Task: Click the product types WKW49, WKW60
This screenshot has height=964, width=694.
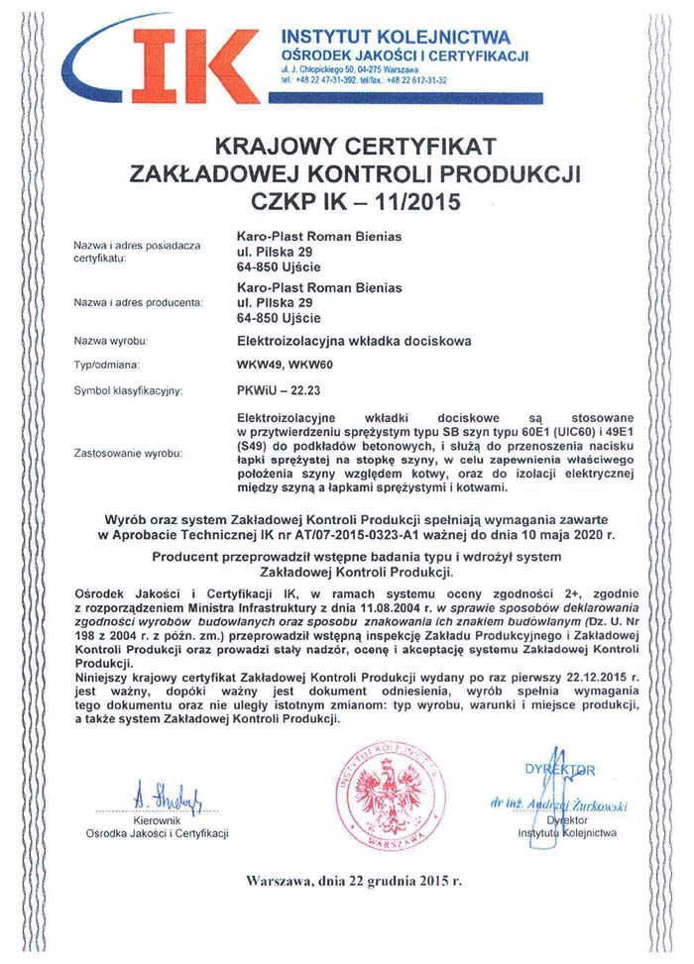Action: click(285, 366)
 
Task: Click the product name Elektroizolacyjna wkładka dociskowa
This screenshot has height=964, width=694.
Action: click(354, 341)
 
